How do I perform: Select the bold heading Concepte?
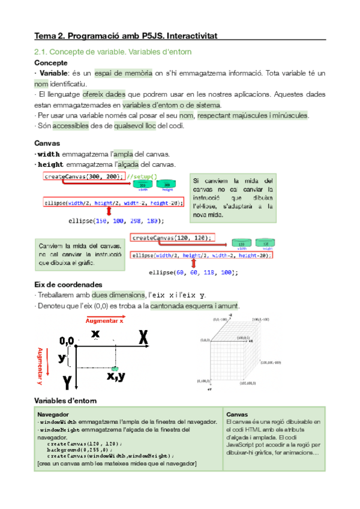click(x=51, y=62)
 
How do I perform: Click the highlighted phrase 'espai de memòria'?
click(x=124, y=73)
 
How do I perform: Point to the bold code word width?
click(x=49, y=154)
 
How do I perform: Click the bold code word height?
click(x=51, y=164)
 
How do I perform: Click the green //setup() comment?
click(x=142, y=176)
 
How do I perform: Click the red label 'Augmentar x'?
click(x=105, y=321)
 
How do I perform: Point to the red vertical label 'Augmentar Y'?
click(x=40, y=366)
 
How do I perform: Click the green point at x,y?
click(x=115, y=367)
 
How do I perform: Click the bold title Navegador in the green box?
click(x=53, y=414)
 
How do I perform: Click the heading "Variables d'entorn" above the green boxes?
click(x=62, y=400)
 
